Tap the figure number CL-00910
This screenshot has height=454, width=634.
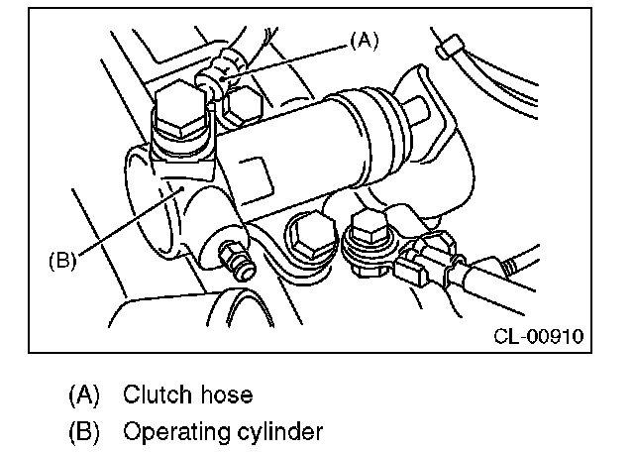[x=537, y=335]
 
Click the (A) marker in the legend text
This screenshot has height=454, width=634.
[x=84, y=395]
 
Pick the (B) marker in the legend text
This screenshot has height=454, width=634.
[x=84, y=432]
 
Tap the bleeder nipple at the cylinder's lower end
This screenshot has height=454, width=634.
[x=236, y=264]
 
